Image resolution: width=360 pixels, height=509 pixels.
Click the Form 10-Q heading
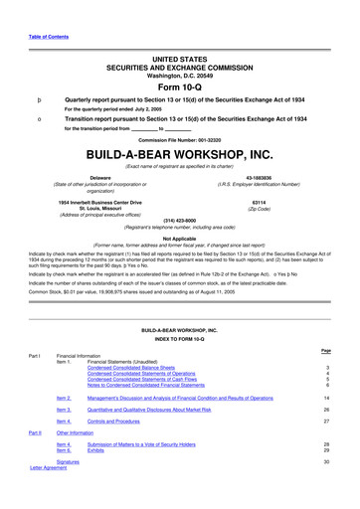(x=179, y=84)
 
